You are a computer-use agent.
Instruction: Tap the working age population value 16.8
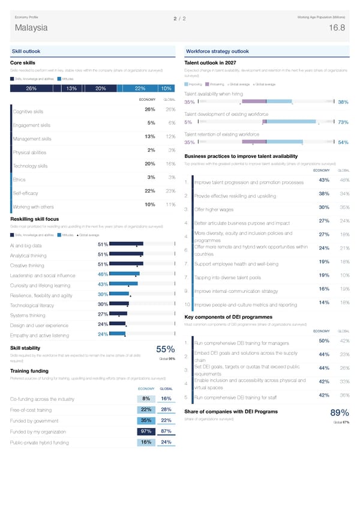[337, 28]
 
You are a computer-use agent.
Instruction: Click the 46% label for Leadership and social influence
[102, 274]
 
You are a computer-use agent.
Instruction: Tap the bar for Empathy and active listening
[117, 334]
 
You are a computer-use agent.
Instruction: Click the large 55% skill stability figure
[165, 350]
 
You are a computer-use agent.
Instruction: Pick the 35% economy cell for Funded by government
[145, 420]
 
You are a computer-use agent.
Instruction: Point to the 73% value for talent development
[343, 122]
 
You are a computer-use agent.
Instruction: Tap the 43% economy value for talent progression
[323, 181]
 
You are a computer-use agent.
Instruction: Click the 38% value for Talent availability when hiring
[343, 102]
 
